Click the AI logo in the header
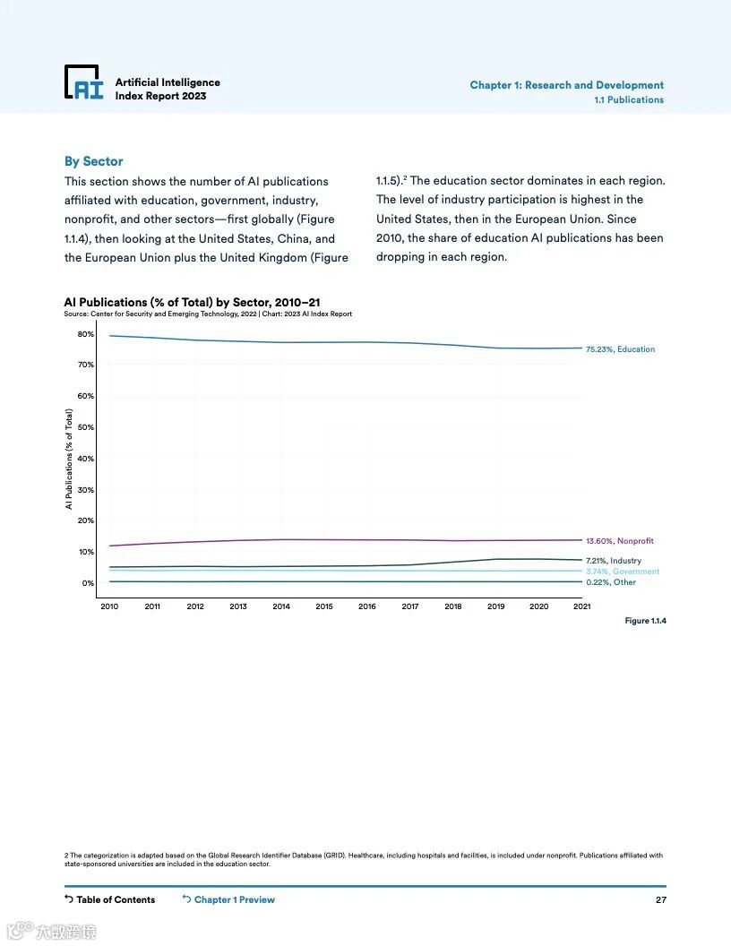[83, 82]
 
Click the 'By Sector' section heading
[93, 161]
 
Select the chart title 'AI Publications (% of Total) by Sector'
[192, 303]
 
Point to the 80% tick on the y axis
[85, 334]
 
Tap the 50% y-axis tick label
[85, 427]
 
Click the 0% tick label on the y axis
[88, 583]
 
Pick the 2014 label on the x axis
[281, 606]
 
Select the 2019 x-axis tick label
[496, 606]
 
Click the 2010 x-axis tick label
[109, 606]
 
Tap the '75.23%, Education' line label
[620, 349]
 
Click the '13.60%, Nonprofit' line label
[620, 541]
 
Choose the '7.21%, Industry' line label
[614, 561]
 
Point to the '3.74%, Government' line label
[623, 572]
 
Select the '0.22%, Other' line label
[611, 582]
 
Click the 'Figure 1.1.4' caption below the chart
[645, 621]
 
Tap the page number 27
[661, 899]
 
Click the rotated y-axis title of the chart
[68, 459]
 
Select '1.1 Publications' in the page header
[629, 100]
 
